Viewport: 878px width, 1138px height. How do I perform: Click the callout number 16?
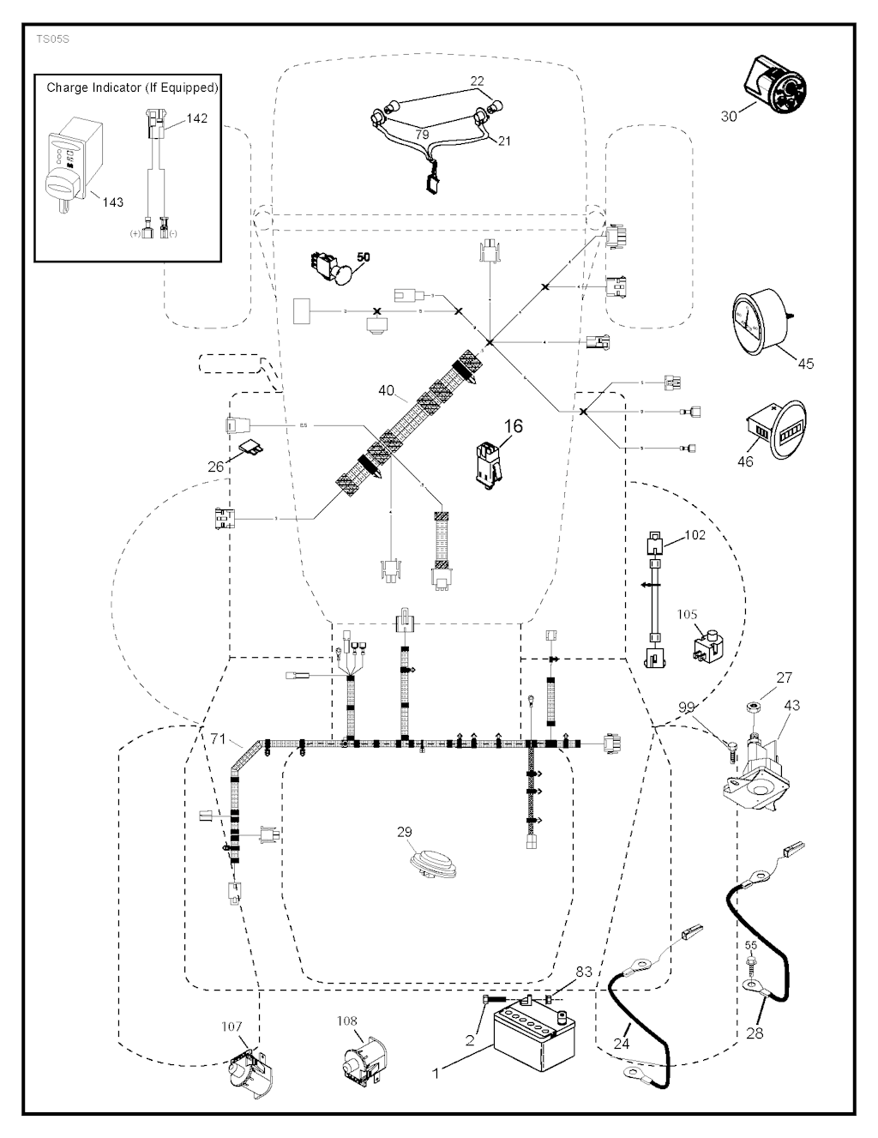coord(513,426)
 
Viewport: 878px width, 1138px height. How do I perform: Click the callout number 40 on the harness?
coord(386,391)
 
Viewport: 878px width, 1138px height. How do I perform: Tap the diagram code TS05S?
coord(52,39)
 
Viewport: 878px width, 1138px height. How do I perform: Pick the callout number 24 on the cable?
coord(621,1044)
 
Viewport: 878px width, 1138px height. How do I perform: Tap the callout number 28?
coord(755,1033)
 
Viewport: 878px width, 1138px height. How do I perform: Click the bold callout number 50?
coord(364,257)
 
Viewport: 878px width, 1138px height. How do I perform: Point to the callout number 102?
coord(695,534)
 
